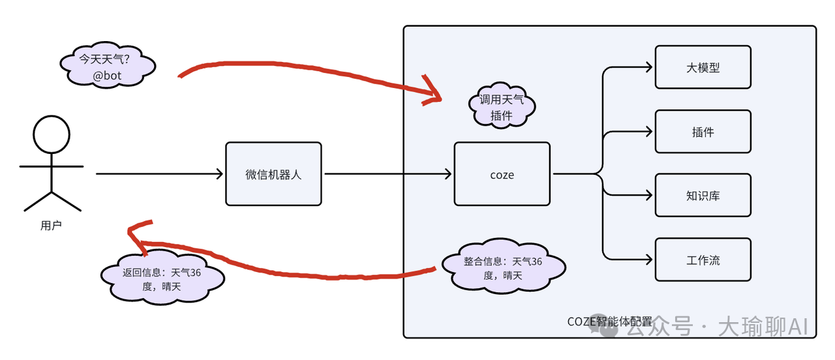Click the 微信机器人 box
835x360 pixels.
273,174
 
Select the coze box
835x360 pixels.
502,174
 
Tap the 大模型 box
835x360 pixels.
703,67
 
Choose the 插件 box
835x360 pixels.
703,131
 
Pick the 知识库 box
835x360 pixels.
703,195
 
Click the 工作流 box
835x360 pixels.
703,260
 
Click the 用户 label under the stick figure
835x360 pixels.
51,226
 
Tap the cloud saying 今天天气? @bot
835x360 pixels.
108,67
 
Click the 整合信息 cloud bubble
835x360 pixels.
503,268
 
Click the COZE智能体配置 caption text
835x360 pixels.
609,322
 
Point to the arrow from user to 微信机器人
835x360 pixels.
160,174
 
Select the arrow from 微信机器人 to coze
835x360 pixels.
387,174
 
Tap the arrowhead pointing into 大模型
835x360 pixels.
648,67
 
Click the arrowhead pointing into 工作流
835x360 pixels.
648,260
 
